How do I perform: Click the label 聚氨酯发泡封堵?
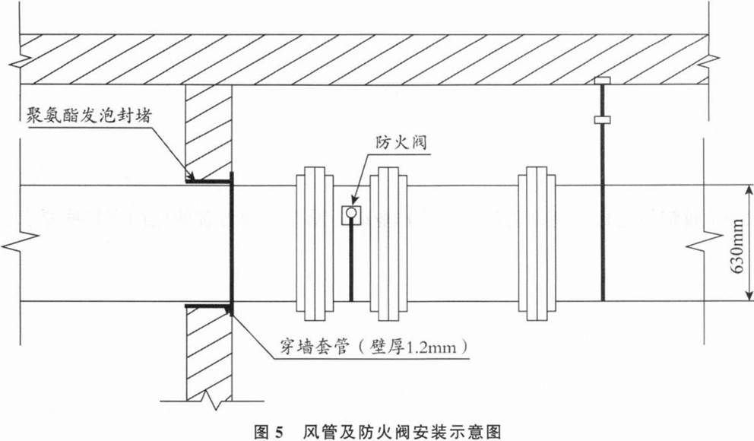(x=88, y=116)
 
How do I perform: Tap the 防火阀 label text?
(x=401, y=142)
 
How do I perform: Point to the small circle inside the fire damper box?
(x=351, y=212)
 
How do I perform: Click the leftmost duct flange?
(x=315, y=244)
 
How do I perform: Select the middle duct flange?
(x=388, y=244)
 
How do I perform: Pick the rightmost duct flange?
(x=537, y=244)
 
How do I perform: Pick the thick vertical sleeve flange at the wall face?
(x=233, y=244)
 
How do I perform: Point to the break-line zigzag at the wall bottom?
(x=211, y=398)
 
